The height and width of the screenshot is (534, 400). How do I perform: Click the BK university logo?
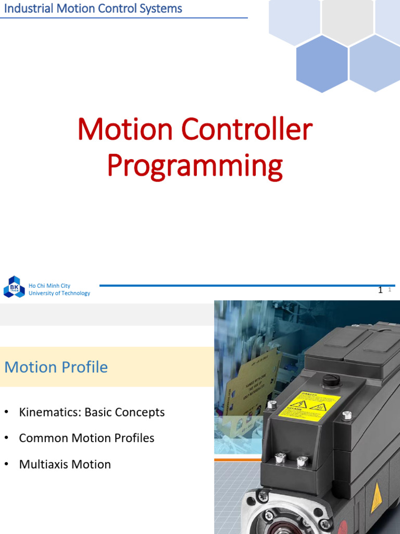click(14, 287)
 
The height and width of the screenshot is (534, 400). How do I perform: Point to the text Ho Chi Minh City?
click(49, 286)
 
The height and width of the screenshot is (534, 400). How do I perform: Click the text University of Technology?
click(59, 293)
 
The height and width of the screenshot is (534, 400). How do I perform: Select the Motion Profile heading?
click(56, 367)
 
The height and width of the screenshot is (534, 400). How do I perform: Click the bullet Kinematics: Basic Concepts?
click(92, 412)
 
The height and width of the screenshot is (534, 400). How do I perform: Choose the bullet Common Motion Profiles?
click(86, 438)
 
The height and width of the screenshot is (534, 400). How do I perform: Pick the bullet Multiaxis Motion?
click(65, 464)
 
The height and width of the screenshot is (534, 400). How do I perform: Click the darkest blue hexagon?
click(321, 64)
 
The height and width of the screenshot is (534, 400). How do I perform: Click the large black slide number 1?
click(380, 290)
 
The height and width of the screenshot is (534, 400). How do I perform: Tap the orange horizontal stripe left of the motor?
click(237, 459)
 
